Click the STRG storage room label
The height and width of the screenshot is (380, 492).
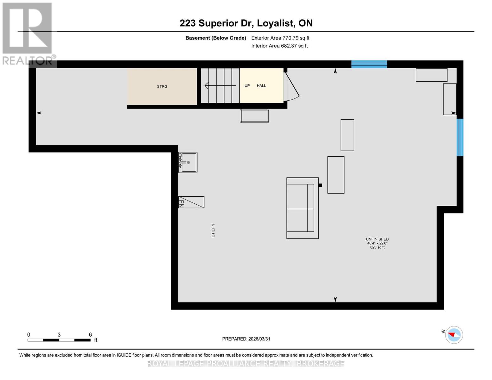coord(162,86)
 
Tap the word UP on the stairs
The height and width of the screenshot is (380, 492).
coord(247,85)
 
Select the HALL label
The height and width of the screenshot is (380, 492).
coord(261,85)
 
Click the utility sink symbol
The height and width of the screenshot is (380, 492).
coord(188,162)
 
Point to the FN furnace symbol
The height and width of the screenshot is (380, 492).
coord(191,202)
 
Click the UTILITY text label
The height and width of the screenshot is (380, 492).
coord(213,230)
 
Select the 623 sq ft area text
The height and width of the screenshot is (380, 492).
coord(377,247)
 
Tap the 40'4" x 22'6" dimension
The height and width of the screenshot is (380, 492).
coord(377,243)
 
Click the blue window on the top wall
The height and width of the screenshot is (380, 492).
coord(369,64)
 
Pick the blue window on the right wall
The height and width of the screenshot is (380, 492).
coord(460,137)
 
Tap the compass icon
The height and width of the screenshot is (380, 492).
coord(454,335)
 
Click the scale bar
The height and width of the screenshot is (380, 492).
coord(59,340)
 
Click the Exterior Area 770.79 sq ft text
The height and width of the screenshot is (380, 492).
coord(280,38)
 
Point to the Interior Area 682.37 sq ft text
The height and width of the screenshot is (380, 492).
coord(279,46)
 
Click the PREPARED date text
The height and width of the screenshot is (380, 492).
coord(246,339)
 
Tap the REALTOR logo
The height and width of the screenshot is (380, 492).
coord(28,33)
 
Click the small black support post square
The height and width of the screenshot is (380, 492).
coord(320,185)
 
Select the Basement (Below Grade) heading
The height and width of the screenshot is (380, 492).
coord(215,38)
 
